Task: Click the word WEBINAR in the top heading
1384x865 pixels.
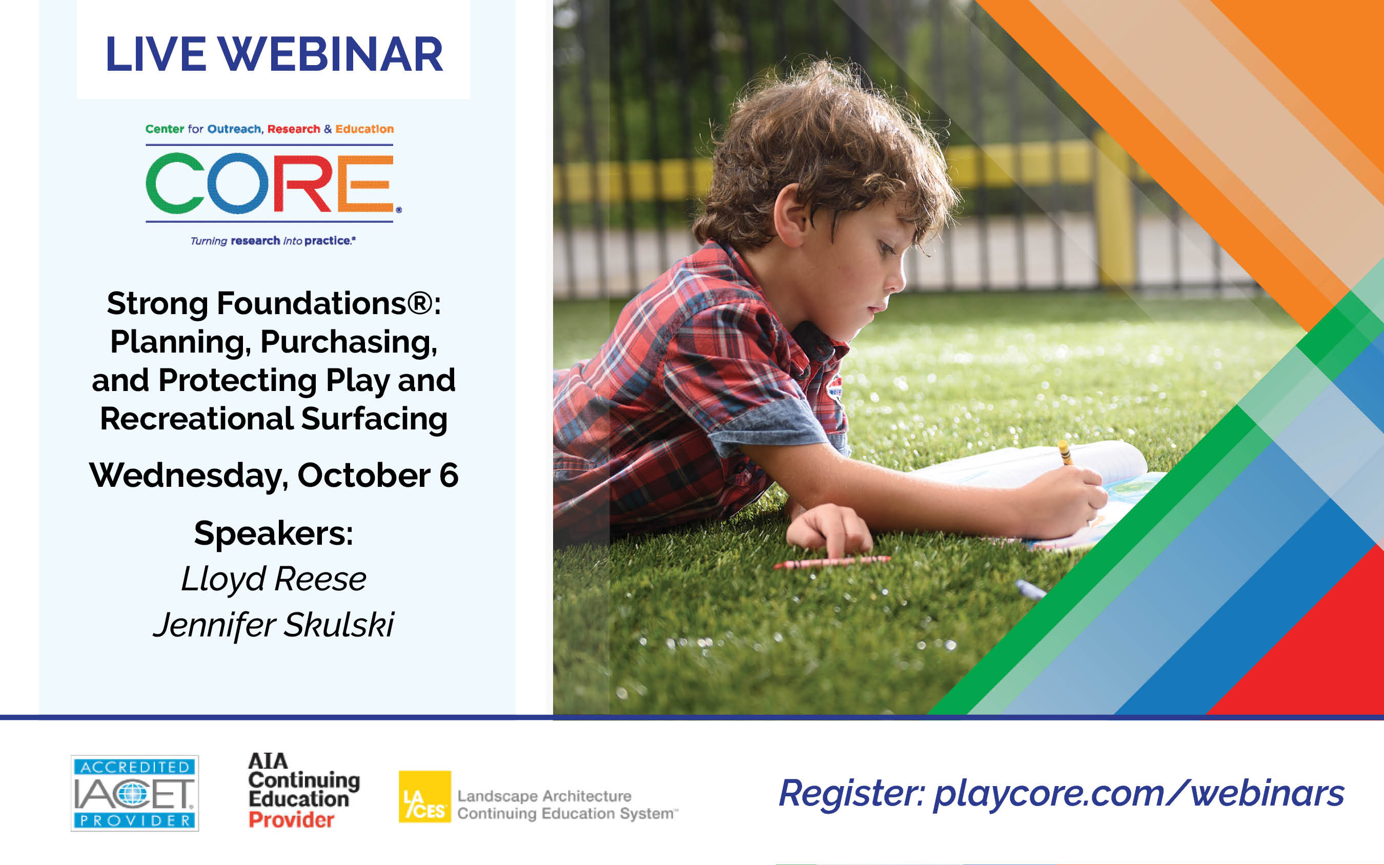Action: [331, 54]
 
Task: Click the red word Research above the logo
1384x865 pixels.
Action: [294, 129]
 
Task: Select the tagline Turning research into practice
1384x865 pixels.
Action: [273, 241]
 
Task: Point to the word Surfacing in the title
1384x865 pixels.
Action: [374, 419]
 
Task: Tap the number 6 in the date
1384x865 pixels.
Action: [449, 476]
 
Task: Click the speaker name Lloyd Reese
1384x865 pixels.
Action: [274, 580]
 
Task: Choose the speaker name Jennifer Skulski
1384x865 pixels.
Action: [274, 625]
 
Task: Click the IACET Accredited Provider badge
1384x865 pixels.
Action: [134, 793]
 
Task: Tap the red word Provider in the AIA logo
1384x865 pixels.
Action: [291, 820]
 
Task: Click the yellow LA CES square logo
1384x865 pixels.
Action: [424, 796]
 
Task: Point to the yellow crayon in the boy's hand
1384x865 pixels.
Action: [1065, 452]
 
